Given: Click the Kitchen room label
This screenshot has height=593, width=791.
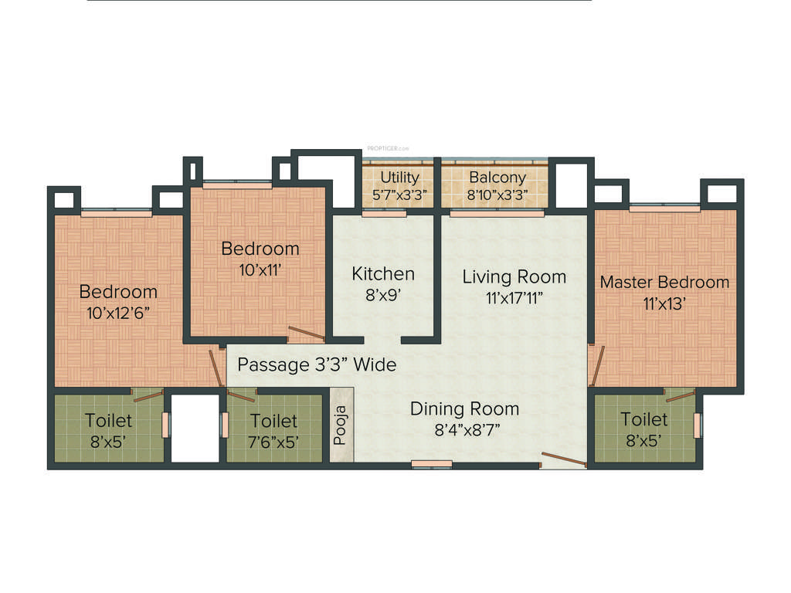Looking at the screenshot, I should [383, 273].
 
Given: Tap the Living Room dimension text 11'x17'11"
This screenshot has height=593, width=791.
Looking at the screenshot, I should [514, 298].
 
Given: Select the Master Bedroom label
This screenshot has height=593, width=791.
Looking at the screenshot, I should [664, 282].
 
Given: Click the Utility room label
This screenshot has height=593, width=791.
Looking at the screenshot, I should [399, 178].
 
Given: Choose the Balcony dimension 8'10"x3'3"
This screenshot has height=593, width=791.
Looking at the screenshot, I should [497, 195].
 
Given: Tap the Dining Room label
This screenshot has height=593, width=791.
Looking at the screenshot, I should [464, 408].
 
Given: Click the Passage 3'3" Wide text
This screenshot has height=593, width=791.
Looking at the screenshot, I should [317, 364].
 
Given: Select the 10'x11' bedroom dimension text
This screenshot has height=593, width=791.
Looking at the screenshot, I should [260, 269].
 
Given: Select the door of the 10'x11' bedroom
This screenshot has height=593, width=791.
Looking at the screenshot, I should [306, 334].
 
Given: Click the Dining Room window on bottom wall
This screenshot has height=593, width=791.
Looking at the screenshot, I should [432, 464].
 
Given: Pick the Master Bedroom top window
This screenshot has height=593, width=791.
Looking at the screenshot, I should [664, 207].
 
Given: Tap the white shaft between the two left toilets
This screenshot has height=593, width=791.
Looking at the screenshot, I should [195, 429].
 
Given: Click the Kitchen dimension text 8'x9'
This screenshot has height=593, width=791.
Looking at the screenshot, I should [382, 294].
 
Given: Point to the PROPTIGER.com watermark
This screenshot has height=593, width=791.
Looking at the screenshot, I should [388, 147].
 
